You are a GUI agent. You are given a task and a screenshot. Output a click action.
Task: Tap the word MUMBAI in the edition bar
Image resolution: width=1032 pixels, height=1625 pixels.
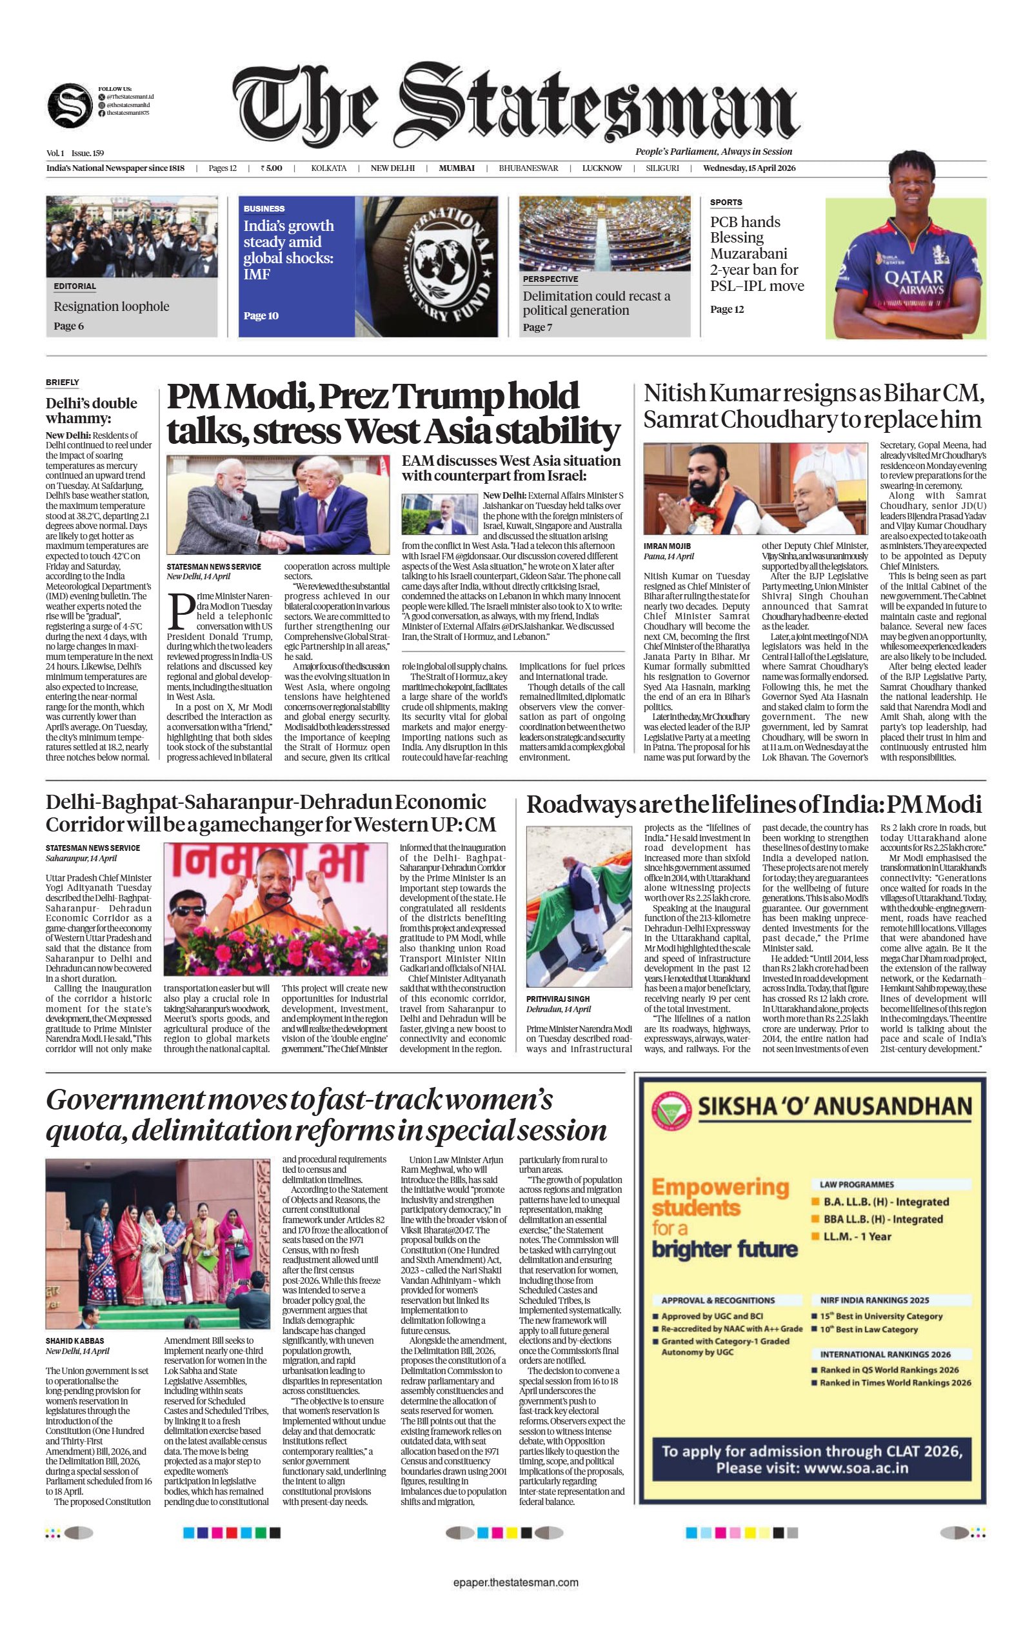click(456, 168)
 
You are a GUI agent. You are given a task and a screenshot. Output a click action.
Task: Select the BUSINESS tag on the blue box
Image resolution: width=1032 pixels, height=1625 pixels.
click(264, 208)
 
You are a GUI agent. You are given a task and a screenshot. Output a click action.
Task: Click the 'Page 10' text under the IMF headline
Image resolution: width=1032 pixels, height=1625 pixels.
click(261, 316)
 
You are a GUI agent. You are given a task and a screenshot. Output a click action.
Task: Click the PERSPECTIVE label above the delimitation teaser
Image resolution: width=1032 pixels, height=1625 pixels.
click(550, 279)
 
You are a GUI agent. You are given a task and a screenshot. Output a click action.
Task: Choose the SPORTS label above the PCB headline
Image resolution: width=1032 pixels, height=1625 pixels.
click(726, 203)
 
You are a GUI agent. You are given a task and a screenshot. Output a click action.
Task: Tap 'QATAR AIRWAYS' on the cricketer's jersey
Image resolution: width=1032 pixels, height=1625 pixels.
click(914, 281)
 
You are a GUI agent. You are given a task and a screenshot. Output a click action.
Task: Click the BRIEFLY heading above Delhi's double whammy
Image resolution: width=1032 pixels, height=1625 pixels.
click(63, 383)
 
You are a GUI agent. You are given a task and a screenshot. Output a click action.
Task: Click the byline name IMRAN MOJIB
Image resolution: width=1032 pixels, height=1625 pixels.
click(667, 546)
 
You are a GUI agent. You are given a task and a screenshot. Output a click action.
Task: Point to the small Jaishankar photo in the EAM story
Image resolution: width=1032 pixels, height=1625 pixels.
click(439, 514)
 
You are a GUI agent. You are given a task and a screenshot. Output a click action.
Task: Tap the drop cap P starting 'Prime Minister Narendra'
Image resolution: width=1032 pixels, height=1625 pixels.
click(180, 611)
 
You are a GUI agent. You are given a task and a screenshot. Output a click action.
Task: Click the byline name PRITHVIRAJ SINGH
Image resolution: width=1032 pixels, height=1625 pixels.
click(557, 999)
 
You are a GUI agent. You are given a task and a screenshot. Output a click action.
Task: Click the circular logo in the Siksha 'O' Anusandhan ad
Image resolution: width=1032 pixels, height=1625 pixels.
click(671, 1111)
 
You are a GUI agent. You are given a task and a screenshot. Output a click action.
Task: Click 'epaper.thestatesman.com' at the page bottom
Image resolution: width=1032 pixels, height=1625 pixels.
click(515, 1582)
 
